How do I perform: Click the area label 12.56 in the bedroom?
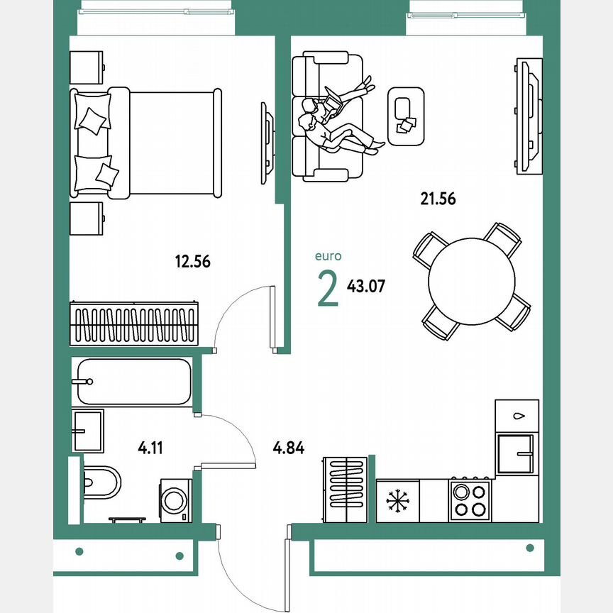192,261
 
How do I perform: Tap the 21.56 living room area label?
438,199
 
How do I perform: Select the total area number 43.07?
367,287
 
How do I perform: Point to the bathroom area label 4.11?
151,448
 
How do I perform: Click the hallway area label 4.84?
289,448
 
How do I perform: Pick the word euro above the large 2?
328,257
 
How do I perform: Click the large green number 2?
328,289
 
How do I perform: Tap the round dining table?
472,281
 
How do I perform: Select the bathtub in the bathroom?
133,382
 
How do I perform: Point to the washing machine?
175,500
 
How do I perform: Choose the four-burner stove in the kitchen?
470,499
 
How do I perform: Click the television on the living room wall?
528,116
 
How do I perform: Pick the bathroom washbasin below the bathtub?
87,430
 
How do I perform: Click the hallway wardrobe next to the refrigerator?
345,490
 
